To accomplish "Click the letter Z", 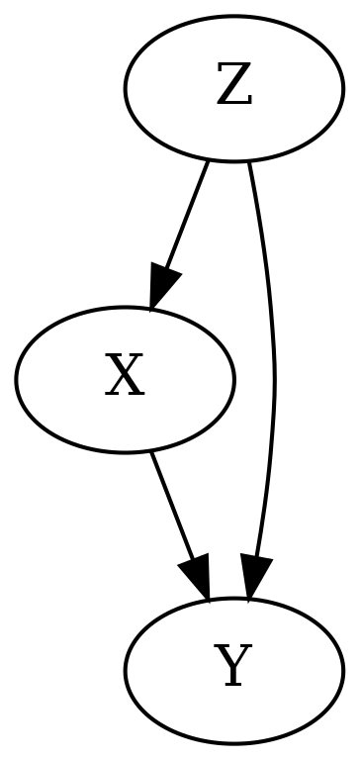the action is point(233,89).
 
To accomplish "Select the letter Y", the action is point(233,669).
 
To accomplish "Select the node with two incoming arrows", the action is point(233,669).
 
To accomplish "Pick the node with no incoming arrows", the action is point(233,89).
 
